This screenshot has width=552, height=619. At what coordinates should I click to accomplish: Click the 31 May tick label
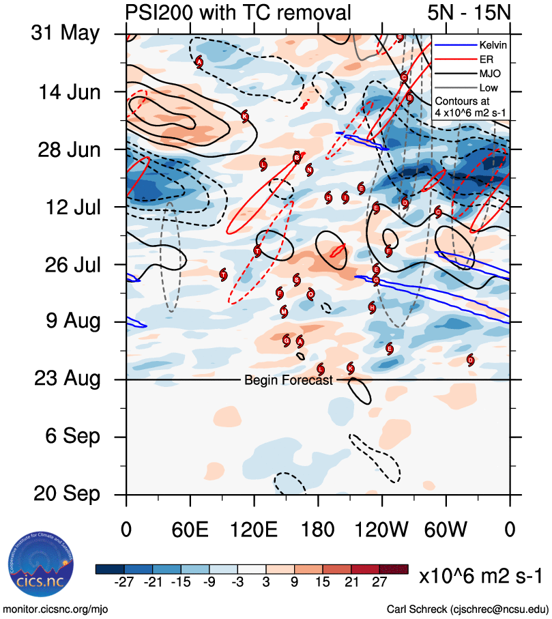tap(66, 33)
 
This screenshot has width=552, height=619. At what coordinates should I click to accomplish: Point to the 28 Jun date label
tap(66, 149)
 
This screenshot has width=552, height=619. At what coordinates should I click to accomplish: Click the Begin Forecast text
tap(289, 380)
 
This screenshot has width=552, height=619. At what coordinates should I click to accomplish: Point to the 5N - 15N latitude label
tap(467, 12)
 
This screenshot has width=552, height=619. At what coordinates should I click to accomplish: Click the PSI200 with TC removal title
tap(238, 12)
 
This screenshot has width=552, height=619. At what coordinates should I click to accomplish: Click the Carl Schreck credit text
tap(467, 608)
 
